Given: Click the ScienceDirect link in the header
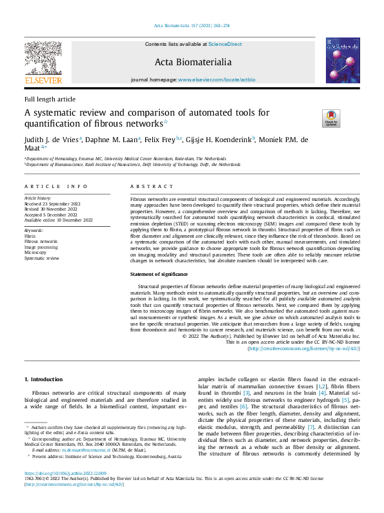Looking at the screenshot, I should [225, 44].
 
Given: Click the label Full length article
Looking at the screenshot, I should [50, 99].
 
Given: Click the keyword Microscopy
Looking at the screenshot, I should [36, 253].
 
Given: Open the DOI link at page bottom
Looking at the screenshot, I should [66, 491].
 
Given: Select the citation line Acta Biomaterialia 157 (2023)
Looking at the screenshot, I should [192, 25].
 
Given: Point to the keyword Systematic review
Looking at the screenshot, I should [41, 258].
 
